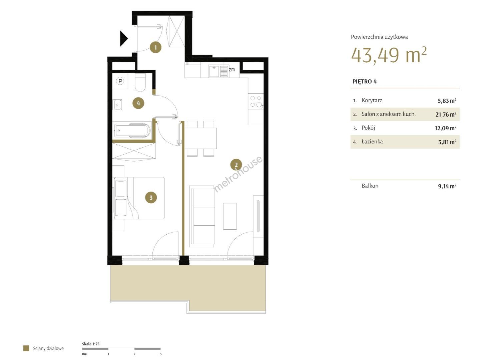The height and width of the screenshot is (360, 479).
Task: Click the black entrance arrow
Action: pyautogui.click(x=123, y=39)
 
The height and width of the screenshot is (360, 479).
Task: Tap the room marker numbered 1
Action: pyautogui.click(x=155, y=47)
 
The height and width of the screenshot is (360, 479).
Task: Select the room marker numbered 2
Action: pyautogui.click(x=236, y=165)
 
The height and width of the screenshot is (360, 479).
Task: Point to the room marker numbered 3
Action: pyautogui.click(x=151, y=198)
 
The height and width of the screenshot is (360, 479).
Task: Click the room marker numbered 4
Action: pyautogui.click(x=138, y=103)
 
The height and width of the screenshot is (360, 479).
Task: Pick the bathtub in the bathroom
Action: pyautogui.click(x=132, y=131)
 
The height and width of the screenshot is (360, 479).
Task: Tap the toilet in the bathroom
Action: pyautogui.click(x=140, y=83)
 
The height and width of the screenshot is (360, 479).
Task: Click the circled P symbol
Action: pyautogui.click(x=120, y=81)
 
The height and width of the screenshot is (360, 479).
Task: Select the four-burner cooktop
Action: pyautogui.click(x=256, y=101)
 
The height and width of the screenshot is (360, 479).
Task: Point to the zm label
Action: pyautogui.click(x=232, y=70)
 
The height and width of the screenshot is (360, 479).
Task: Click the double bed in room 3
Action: pyautogui.click(x=139, y=198)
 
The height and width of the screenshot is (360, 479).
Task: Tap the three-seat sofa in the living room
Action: pyautogui.click(x=202, y=216)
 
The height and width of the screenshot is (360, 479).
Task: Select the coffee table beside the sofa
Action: pyautogui.click(x=230, y=216)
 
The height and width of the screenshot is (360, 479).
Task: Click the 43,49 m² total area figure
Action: pyautogui.click(x=389, y=55)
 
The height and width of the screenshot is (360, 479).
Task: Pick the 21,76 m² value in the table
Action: pyautogui.click(x=446, y=114)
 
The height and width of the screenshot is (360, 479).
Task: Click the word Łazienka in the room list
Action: pyautogui.click(x=372, y=142)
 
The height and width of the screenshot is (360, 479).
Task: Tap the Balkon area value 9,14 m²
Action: pyautogui.click(x=447, y=186)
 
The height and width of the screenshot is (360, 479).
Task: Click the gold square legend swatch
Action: pyautogui.click(x=26, y=348)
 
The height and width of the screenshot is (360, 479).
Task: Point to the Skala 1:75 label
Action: pyautogui.click(x=90, y=344)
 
